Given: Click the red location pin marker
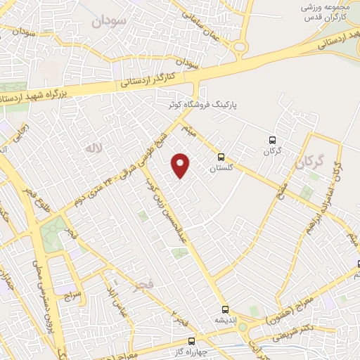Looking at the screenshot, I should tap(181, 166).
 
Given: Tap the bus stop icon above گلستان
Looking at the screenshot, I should tap(221, 157).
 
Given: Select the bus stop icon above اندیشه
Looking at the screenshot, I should tap(225, 309).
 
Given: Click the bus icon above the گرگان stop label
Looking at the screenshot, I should tap(272, 140).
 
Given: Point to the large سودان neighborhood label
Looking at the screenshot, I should tap(108, 22).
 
